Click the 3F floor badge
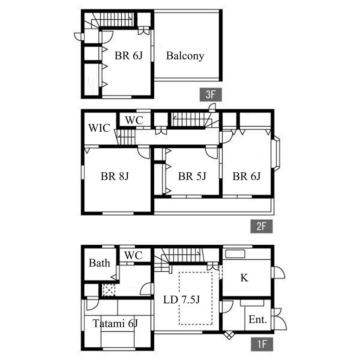click(211, 94)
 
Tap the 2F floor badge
click(261, 226)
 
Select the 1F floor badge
click(262, 344)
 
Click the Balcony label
click(185, 56)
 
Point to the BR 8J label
click(115, 176)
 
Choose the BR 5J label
click(192, 176)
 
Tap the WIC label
click(99, 128)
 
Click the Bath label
click(99, 263)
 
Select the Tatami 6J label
click(115, 323)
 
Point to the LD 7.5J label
click(181, 300)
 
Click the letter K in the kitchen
click(244, 278)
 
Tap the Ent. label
click(258, 319)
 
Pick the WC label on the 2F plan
click(134, 120)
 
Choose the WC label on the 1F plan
click(133, 255)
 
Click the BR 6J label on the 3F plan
click(129, 56)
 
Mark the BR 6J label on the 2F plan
click(246, 176)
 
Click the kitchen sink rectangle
click(235, 254)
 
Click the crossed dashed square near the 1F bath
click(108, 290)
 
